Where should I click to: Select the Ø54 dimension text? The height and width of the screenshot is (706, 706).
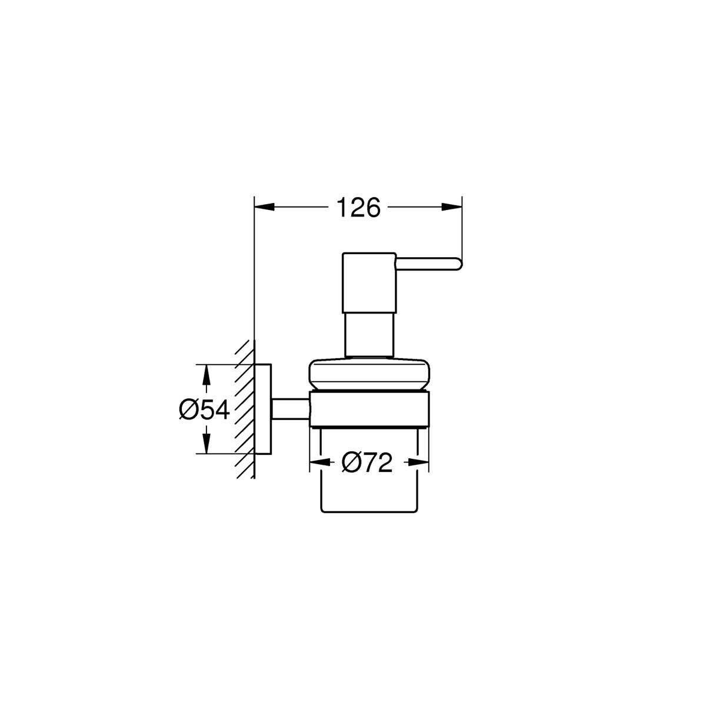(x=204, y=409)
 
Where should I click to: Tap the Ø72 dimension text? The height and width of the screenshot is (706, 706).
(x=367, y=464)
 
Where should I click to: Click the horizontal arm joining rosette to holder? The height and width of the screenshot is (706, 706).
(x=289, y=409)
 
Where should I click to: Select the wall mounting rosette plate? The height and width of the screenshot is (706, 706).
(x=263, y=409)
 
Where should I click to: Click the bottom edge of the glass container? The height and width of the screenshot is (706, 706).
(x=369, y=510)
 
